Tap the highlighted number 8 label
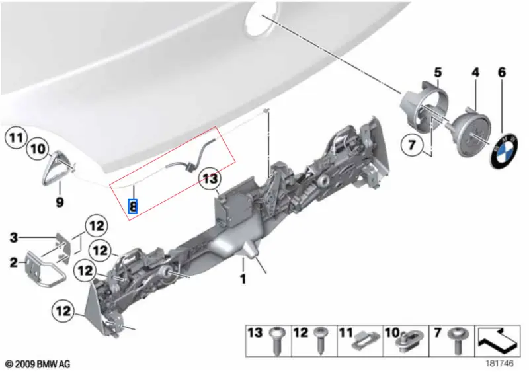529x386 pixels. click(x=133, y=206)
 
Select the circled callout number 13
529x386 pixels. click(x=210, y=178)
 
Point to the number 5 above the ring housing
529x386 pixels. click(x=438, y=73)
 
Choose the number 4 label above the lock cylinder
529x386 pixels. click(x=475, y=73)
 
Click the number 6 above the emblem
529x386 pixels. click(x=502, y=73)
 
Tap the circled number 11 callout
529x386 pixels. click(x=16, y=137)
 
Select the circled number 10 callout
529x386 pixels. click(x=38, y=149)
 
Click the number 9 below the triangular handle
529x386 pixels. click(x=60, y=202)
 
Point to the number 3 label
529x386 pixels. click(x=13, y=238)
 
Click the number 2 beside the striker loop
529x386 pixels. click(x=13, y=262)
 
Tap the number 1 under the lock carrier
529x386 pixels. click(x=243, y=279)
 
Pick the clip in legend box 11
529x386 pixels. click(x=366, y=344)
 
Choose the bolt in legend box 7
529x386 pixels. click(x=455, y=340)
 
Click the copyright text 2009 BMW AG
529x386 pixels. click(x=38, y=364)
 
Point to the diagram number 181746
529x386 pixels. click(x=499, y=363)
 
